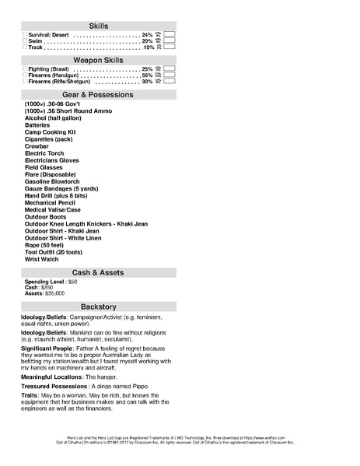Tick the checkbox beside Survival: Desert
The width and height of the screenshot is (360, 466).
pos(25,35)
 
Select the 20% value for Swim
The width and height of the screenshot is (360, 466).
pos(147,41)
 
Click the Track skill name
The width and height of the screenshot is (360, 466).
pos(37,47)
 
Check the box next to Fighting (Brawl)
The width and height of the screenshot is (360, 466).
pos(25,69)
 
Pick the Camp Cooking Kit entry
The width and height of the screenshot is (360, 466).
pos(50,131)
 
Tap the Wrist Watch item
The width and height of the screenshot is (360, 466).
pos(41,259)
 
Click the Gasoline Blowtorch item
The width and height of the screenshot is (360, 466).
pos(52,181)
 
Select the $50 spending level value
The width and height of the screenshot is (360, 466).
pos(72,282)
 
